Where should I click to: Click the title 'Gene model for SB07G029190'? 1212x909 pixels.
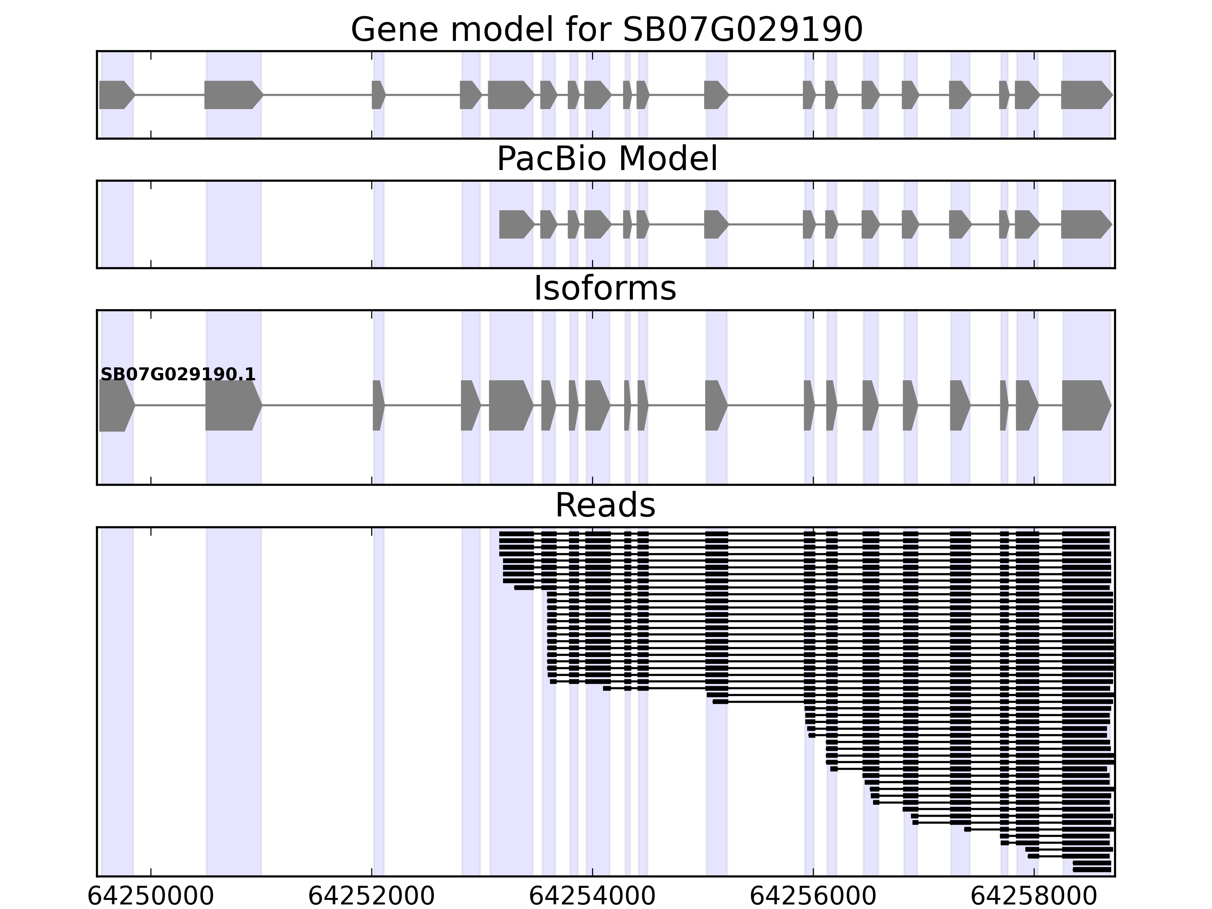tap(606, 30)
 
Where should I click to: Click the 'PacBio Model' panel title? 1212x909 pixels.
tap(606, 159)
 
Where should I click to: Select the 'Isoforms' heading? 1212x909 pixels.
tap(605, 288)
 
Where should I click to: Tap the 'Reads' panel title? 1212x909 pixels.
tap(605, 505)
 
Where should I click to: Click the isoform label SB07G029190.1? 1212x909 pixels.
tap(178, 374)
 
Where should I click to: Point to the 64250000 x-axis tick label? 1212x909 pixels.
tap(151, 897)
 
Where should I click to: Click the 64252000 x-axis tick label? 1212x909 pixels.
tap(372, 897)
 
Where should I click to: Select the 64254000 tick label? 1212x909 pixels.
tap(592, 897)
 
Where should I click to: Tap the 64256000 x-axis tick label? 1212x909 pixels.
tap(813, 897)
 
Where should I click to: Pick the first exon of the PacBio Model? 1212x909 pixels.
tap(515, 224)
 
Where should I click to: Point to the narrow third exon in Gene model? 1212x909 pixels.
tap(378, 95)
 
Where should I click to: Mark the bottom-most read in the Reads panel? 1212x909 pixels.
tap(1092, 870)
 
